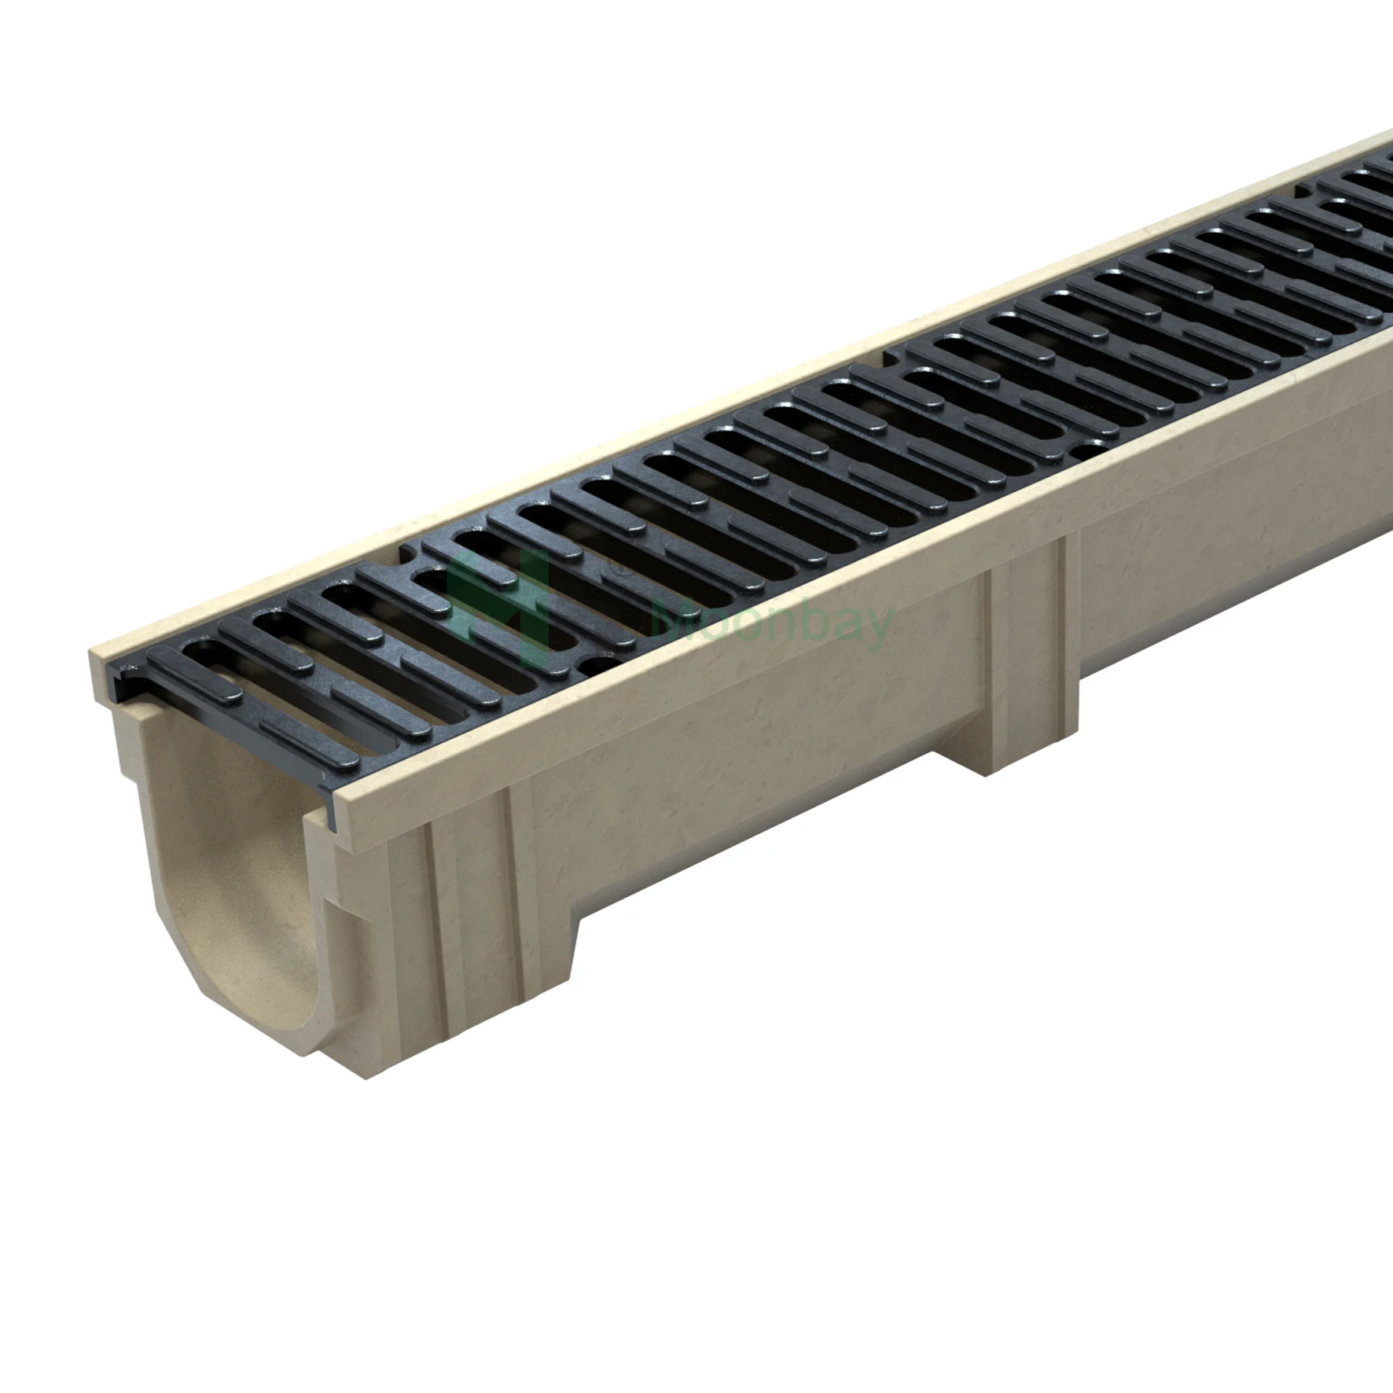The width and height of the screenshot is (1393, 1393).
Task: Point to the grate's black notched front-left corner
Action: click(x=126, y=692)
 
